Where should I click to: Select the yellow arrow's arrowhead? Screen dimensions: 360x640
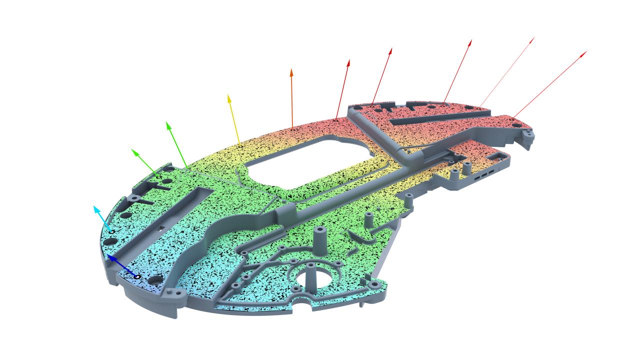229,95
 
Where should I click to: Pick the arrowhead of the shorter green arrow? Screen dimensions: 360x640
132,149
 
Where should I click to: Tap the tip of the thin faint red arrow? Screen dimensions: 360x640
533,37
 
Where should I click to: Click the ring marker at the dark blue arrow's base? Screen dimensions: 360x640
137,276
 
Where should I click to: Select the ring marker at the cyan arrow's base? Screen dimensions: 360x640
112,232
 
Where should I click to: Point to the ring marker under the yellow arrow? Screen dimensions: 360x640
240,146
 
